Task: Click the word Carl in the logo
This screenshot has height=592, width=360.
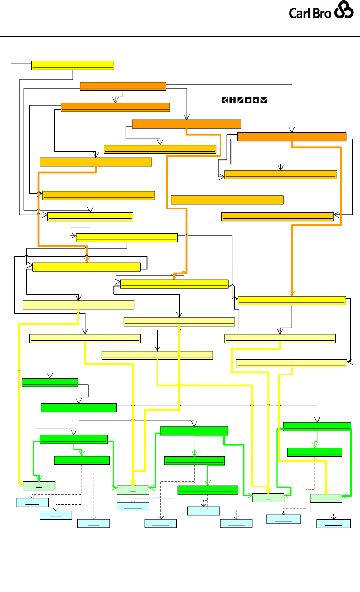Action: coord(302,13)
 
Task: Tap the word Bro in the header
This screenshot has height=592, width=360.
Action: coord(323,13)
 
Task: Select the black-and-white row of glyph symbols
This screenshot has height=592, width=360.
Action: coord(245,100)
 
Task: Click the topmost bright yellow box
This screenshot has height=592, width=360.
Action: coord(72,65)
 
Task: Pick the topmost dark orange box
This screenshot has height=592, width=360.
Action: coord(122,86)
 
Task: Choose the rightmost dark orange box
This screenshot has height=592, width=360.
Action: coord(292,137)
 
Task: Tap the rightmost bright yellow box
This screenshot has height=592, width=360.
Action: coord(292,300)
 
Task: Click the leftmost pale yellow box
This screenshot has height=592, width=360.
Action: coord(78,305)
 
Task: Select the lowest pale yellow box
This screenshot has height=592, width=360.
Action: coord(292,363)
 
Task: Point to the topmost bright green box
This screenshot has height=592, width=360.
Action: coord(50,383)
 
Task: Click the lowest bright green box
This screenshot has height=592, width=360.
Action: coord(207,489)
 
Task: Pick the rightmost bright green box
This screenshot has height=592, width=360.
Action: coord(317,426)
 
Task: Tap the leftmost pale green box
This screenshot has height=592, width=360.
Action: coord(39,486)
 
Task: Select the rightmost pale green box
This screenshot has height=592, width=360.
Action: coord(326,498)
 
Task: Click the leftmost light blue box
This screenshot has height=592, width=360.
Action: coord(32,502)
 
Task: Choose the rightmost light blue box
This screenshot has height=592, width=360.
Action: coord(333,523)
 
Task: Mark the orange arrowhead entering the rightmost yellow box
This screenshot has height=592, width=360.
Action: coord(292,294)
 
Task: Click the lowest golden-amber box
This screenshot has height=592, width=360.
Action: coord(277,217)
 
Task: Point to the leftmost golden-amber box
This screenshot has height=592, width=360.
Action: coord(95,162)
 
